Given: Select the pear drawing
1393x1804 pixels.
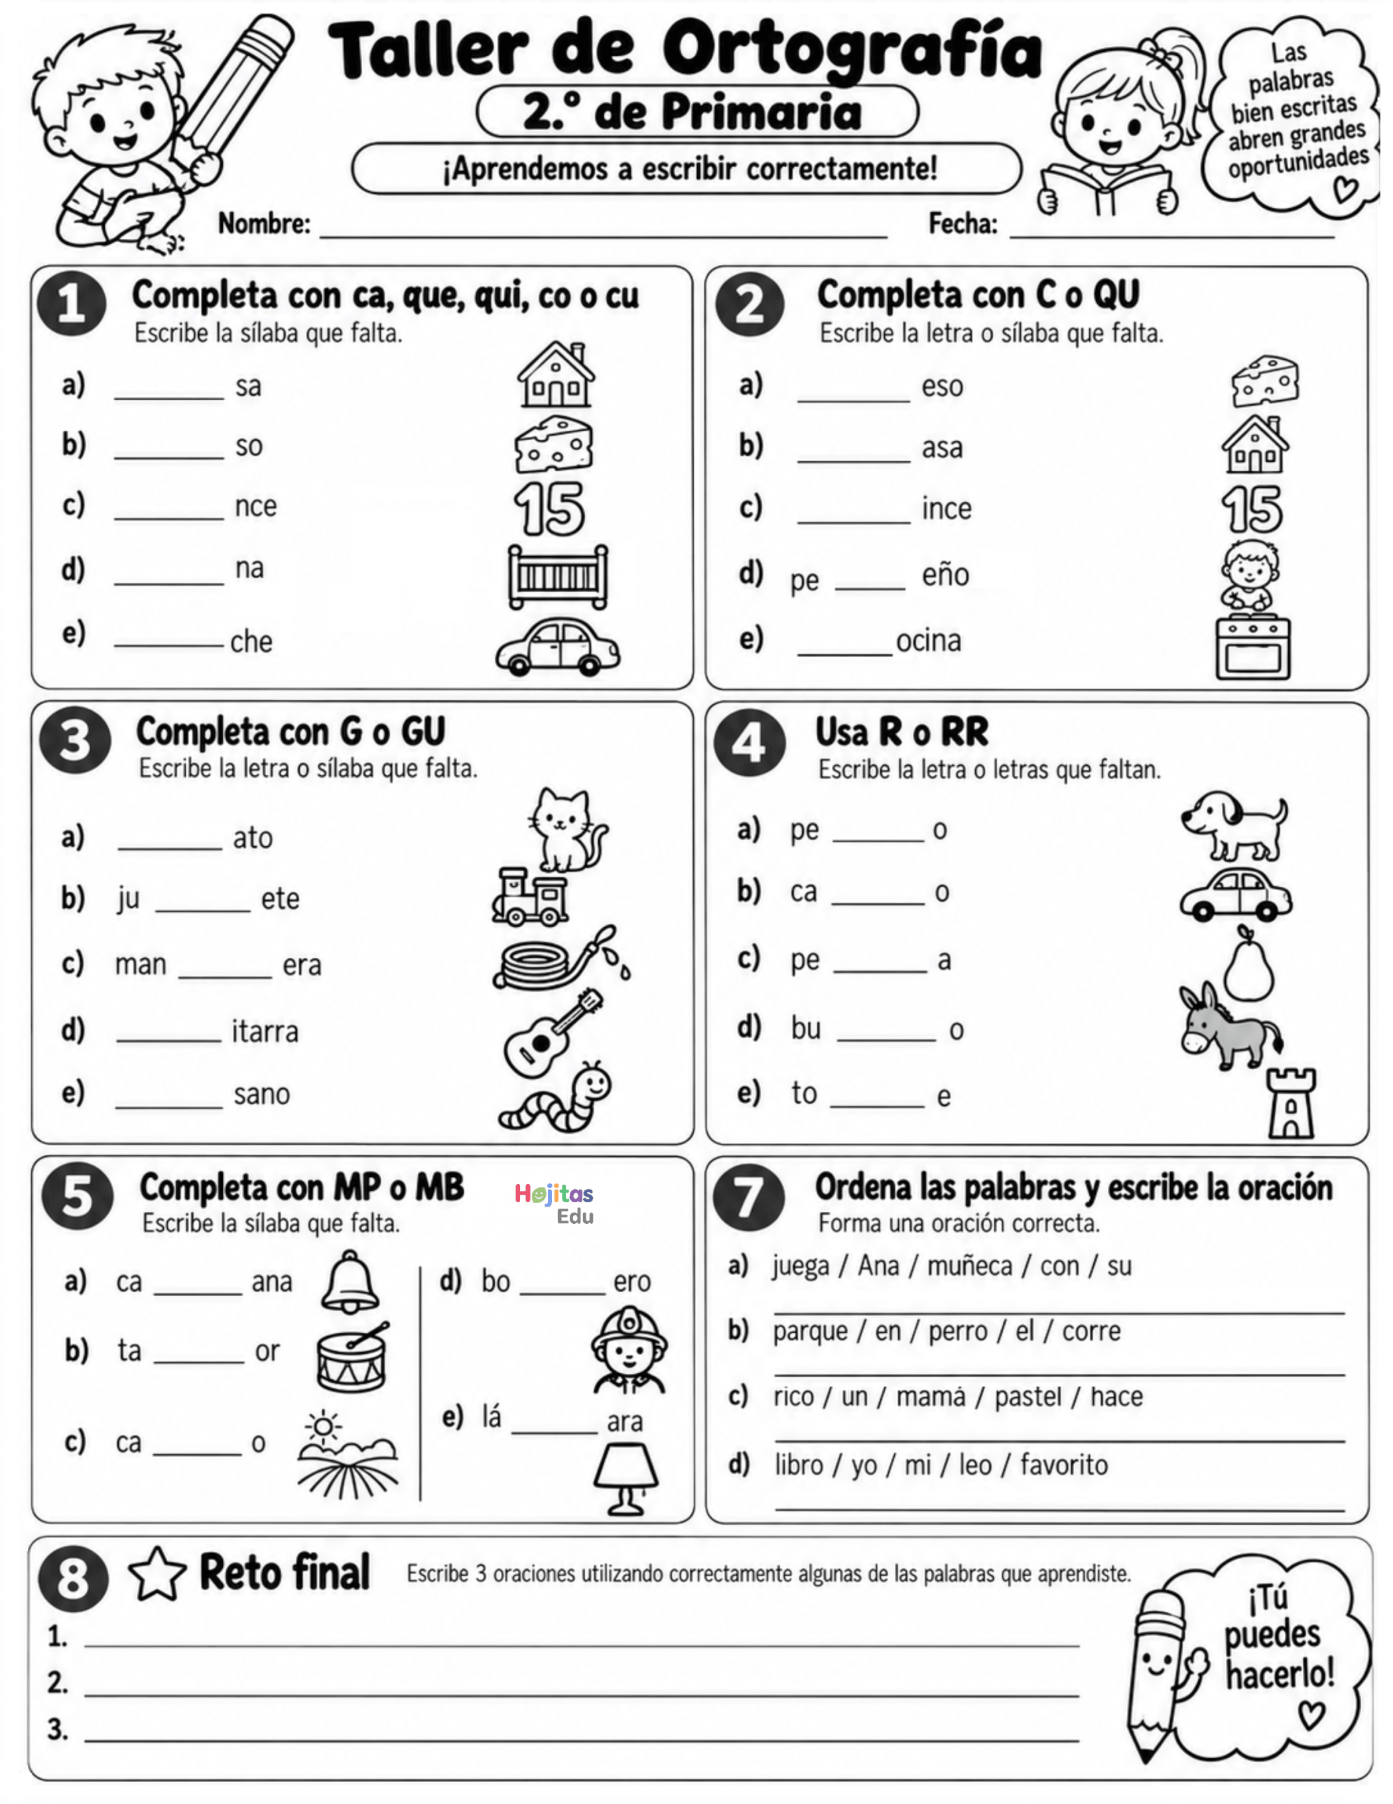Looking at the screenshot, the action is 1248,963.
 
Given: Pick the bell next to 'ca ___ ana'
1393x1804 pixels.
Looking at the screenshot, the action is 350,1281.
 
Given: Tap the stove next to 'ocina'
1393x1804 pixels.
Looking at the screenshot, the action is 1252,648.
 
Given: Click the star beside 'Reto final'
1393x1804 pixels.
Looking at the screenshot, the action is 157,1574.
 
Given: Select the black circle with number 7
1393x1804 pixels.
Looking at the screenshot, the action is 749,1198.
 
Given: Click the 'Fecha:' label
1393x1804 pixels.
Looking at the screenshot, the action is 962,224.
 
